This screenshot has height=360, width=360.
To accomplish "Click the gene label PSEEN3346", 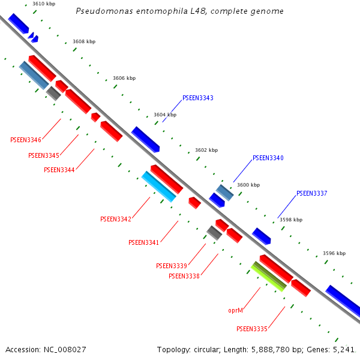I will point(26,140).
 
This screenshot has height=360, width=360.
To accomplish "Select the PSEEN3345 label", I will point(44,155).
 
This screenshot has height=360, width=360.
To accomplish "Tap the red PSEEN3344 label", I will point(59,170).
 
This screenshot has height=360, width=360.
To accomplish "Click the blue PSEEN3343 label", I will point(198,98).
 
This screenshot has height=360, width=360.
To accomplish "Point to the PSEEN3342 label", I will point(116,219).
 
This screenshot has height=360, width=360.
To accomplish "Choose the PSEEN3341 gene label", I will point(144,242).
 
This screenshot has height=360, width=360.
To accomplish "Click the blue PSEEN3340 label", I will point(268,158).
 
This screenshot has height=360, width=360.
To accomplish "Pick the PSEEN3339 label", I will point(172,266).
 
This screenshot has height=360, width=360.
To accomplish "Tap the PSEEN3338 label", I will point(184,276).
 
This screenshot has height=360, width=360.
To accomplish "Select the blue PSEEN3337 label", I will point(312,193).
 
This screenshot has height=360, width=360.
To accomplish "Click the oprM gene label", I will point(236,310).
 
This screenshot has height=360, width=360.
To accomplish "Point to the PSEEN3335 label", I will point(252,329).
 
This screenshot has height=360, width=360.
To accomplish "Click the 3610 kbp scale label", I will point(44,4).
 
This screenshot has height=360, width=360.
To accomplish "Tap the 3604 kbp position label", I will point(165,115).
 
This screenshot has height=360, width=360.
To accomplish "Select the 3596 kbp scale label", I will point(334,253).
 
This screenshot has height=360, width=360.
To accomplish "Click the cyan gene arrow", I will point(159,187).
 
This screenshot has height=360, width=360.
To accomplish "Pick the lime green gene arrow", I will point(268,277).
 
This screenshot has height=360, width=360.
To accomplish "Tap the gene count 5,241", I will point(343,349).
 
